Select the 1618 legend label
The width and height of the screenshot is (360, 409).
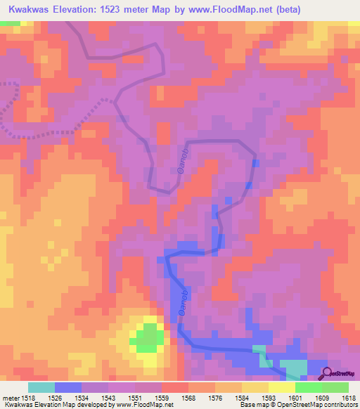click(x=347, y=398)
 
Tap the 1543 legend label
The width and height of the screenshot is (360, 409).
click(x=105, y=398)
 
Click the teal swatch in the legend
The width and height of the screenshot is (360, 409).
click(x=41, y=387)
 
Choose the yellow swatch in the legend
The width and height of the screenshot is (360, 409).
click(x=281, y=387)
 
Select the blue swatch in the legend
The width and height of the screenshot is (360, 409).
click(x=67, y=387)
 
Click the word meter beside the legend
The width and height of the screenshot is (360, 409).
click(x=11, y=398)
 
